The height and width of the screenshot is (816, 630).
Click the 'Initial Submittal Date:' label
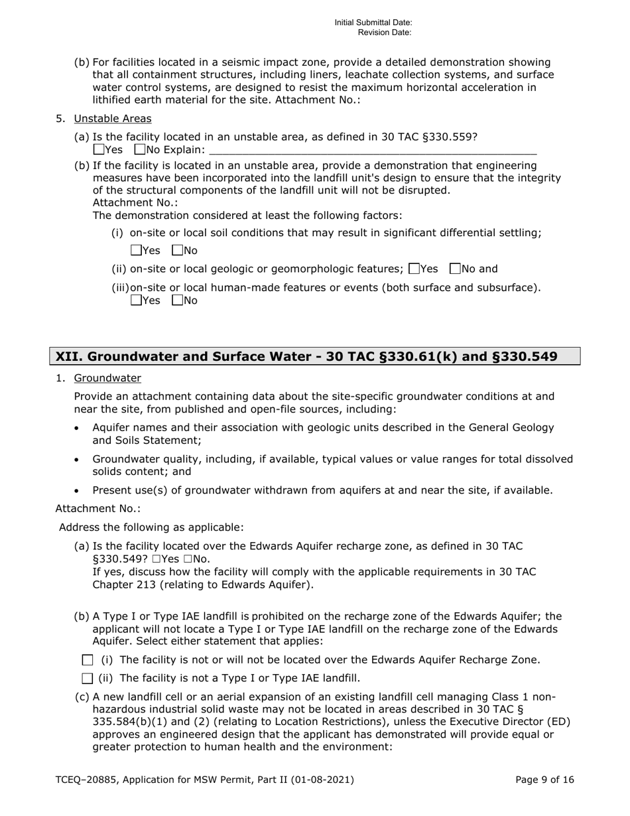point(373,23)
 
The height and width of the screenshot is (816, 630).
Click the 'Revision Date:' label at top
point(385,32)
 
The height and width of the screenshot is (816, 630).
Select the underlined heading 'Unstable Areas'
point(112,119)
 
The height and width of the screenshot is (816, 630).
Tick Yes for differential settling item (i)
point(136,251)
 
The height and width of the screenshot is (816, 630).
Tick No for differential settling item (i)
point(176,251)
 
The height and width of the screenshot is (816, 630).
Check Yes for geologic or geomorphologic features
point(414,269)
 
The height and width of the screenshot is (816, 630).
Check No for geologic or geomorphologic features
point(454,269)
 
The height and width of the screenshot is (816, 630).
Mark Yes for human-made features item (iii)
point(136,301)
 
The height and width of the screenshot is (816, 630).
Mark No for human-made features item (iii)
point(176,301)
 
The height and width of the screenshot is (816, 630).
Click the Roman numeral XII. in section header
point(68,357)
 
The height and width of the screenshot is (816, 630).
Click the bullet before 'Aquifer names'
point(77,429)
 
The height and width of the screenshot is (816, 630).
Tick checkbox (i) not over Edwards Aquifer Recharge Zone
point(88,660)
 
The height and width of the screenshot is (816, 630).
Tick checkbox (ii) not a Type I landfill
point(88,679)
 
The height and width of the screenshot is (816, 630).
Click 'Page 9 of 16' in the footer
point(544,780)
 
